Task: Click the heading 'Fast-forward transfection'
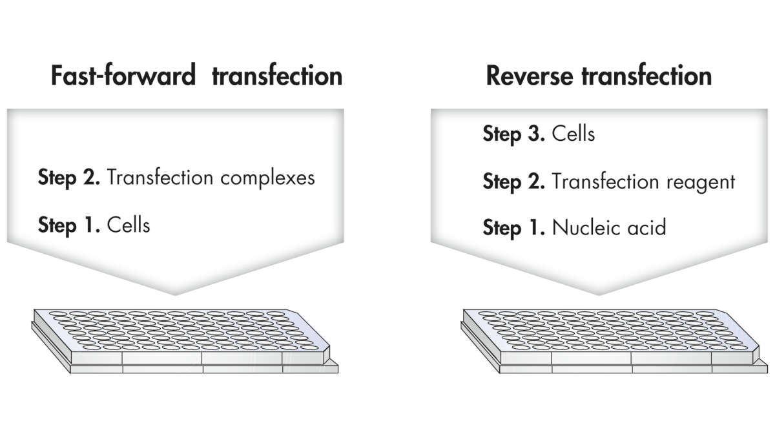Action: click(196, 75)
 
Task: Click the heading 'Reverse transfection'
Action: click(599, 75)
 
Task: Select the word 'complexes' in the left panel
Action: click(267, 178)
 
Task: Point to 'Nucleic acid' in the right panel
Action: click(609, 227)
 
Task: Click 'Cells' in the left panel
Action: click(129, 225)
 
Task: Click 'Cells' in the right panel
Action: click(573, 134)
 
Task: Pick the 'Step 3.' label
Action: click(514, 134)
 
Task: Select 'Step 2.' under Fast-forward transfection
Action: click(69, 178)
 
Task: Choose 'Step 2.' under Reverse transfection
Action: click(514, 182)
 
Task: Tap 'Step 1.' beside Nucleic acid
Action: click(514, 228)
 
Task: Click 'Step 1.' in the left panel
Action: click(69, 225)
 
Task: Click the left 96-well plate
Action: click(185, 341)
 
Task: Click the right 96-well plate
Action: click(614, 341)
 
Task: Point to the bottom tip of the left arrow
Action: click(175, 295)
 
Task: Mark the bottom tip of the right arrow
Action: click(599, 295)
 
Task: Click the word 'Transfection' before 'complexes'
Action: click(160, 178)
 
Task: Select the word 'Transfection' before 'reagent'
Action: click(606, 182)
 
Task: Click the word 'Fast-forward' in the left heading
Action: click(123, 75)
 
